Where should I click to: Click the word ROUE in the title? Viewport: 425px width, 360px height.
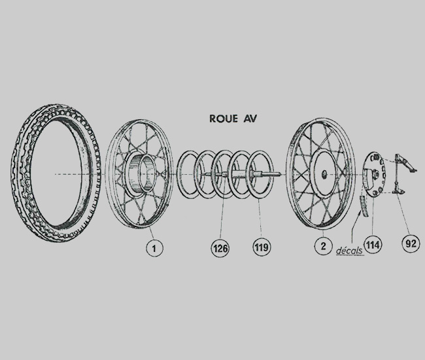(x=224, y=119)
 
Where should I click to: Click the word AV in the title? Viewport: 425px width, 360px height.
(x=249, y=119)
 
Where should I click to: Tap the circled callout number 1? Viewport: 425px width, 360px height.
(x=154, y=248)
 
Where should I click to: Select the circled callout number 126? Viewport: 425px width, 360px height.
(x=220, y=248)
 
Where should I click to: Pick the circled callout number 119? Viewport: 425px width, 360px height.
(x=262, y=247)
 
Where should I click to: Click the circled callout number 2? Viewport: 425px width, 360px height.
(x=323, y=246)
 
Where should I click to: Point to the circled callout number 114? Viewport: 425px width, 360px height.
(x=373, y=245)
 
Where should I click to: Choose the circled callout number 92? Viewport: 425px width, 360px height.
(x=411, y=243)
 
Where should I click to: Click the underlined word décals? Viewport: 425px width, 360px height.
(x=350, y=250)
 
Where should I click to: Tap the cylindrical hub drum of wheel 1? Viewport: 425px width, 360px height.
(x=141, y=173)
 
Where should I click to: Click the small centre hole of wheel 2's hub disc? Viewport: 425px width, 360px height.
(x=324, y=174)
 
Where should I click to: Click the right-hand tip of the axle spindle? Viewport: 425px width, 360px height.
(x=280, y=174)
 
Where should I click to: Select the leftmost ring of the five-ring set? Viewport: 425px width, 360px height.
(x=189, y=175)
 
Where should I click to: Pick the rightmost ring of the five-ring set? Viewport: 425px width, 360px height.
(x=261, y=174)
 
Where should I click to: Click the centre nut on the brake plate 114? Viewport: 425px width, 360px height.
(x=375, y=173)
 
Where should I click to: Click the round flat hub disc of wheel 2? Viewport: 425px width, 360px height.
(x=324, y=174)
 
